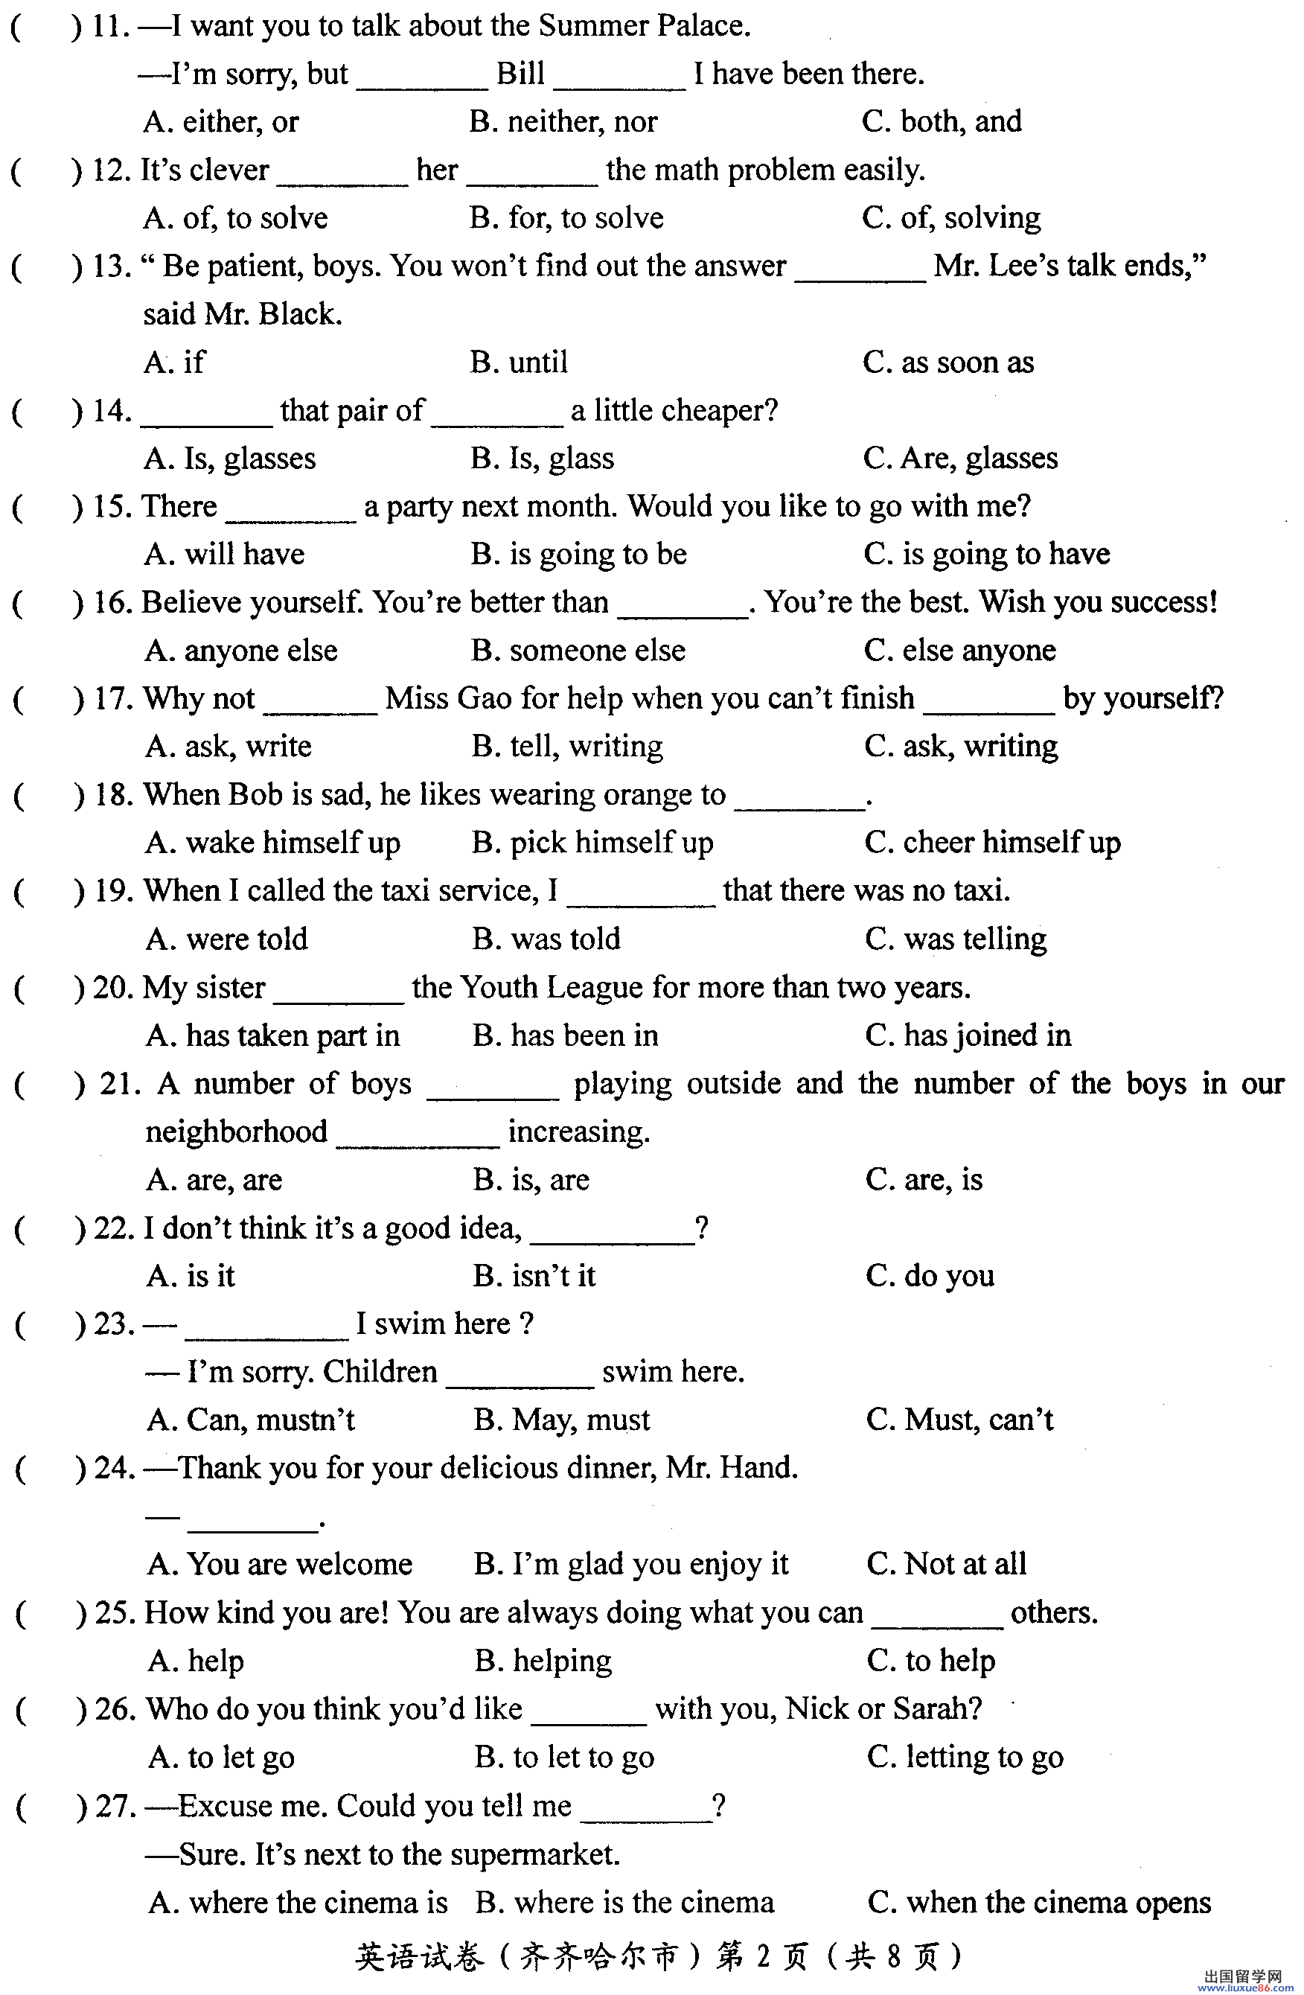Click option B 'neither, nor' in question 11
pos(563,122)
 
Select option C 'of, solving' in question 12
pos(951,219)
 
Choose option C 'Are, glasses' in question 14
pos(960,459)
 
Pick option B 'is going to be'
pos(578,555)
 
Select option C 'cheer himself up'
pos(992,843)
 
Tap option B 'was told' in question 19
pos(546,939)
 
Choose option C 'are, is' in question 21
pos(924,1180)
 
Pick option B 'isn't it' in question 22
pos(534,1277)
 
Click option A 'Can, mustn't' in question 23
pos(251,1421)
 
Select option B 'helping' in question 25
pos(543,1662)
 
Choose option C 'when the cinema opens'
pos(1039,1903)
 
